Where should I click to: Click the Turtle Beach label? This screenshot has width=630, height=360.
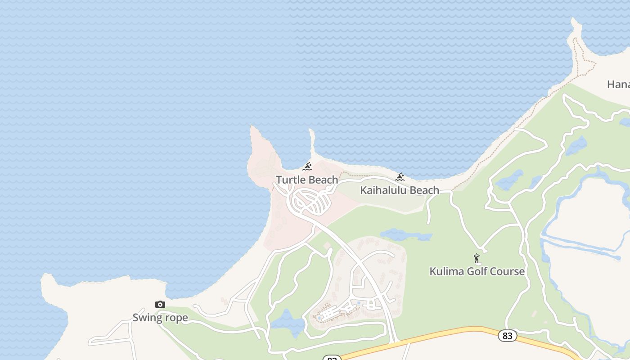307,180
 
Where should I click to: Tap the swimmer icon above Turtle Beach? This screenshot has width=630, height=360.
307,167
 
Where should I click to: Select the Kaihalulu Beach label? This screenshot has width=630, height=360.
400,190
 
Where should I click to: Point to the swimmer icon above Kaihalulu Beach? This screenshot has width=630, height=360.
400,177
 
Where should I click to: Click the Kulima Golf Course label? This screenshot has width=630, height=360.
477,271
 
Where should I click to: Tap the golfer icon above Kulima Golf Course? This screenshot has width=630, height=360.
477,259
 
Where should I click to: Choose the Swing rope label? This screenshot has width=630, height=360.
160,318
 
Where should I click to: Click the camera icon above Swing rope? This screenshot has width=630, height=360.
160,305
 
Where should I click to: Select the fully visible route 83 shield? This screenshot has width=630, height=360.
507,336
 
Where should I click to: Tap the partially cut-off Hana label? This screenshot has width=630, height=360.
618,84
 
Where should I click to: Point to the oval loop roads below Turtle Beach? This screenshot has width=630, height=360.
310,201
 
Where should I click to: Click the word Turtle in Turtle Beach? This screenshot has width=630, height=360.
291,180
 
